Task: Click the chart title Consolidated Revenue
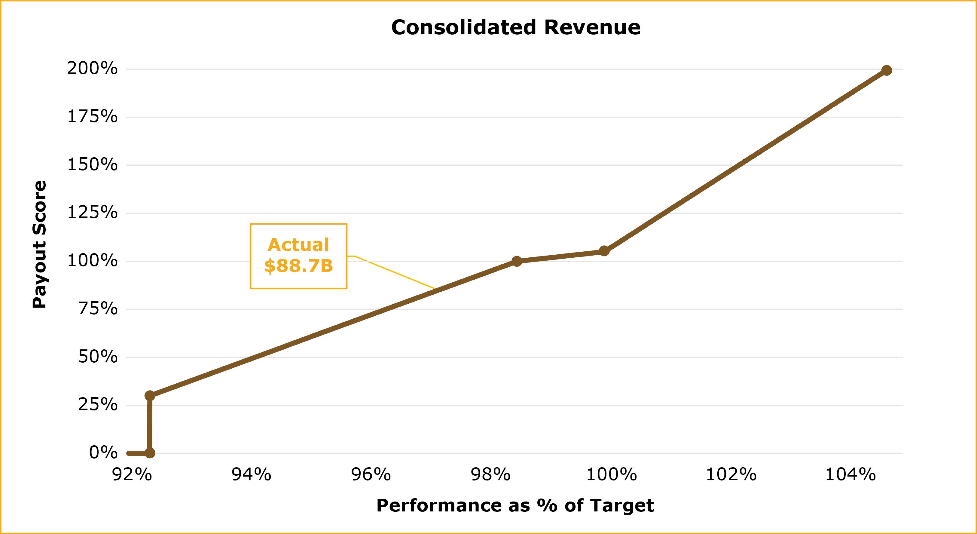pyautogui.click(x=515, y=28)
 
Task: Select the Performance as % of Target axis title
pyautogui.click(x=515, y=505)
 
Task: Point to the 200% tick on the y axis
pyautogui.click(x=92, y=68)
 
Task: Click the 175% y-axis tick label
pyautogui.click(x=92, y=117)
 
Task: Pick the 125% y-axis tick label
pyautogui.click(x=92, y=213)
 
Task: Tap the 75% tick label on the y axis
pyautogui.click(x=98, y=308)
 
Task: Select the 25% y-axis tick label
pyautogui.click(x=98, y=405)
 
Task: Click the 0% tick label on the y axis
pyautogui.click(x=103, y=453)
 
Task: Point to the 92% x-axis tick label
pyautogui.click(x=132, y=474)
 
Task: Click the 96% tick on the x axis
pyautogui.click(x=371, y=474)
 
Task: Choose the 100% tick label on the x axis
pyautogui.click(x=611, y=474)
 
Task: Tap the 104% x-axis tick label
pyautogui.click(x=850, y=474)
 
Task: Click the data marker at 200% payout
pyautogui.click(x=886, y=70)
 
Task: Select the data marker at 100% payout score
pyautogui.click(x=517, y=261)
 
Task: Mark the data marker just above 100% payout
pyautogui.click(x=604, y=251)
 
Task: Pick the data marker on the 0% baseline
pyautogui.click(x=150, y=453)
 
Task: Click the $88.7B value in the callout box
pyautogui.click(x=298, y=266)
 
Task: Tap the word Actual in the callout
pyautogui.click(x=298, y=245)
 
